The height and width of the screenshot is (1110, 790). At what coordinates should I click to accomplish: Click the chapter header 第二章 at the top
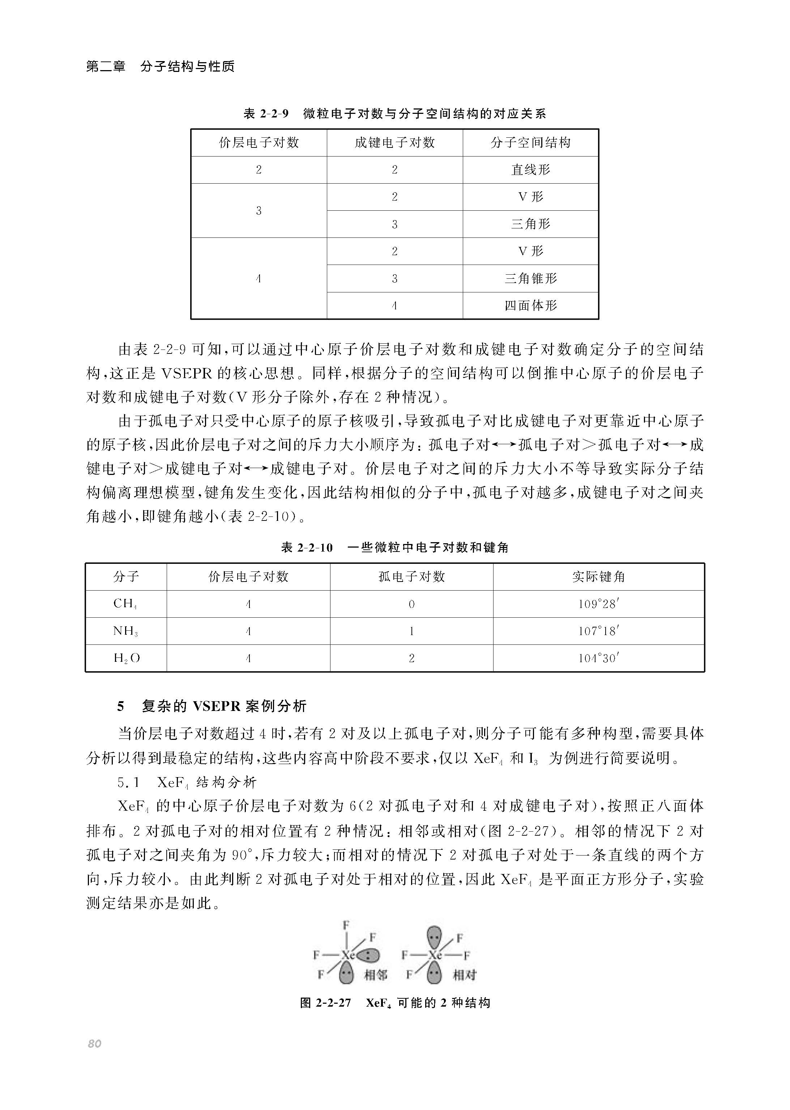point(106,66)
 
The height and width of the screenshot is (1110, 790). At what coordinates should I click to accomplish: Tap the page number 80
point(94,1044)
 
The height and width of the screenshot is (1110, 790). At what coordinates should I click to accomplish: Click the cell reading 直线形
point(530,170)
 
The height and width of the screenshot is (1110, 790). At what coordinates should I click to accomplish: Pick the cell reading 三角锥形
point(530,279)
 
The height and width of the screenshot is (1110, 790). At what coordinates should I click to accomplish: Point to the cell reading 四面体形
point(530,306)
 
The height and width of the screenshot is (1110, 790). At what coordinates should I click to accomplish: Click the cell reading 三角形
point(530,224)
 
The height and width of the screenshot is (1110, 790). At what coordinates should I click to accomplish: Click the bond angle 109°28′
point(598,604)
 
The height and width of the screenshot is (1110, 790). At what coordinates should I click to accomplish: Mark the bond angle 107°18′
point(598,631)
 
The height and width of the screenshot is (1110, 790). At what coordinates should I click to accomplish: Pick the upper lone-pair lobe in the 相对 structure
point(434,936)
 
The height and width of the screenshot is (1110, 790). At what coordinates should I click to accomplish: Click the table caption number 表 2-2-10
point(307,548)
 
